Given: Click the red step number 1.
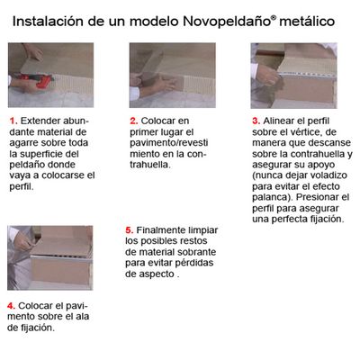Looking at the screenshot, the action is [13, 121].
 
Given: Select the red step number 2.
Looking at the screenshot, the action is [134, 121].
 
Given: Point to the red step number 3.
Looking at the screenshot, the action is [256, 121].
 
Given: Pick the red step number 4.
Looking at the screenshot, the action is [12, 306].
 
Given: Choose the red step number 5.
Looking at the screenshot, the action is [130, 230].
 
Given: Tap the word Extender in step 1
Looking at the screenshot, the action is [40, 121].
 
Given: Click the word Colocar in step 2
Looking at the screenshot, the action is [156, 121].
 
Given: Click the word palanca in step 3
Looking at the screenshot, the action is [270, 197].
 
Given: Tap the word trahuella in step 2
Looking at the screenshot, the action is [149, 165].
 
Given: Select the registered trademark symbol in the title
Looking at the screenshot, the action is [274, 17].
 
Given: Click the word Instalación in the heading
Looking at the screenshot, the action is [48, 22].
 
